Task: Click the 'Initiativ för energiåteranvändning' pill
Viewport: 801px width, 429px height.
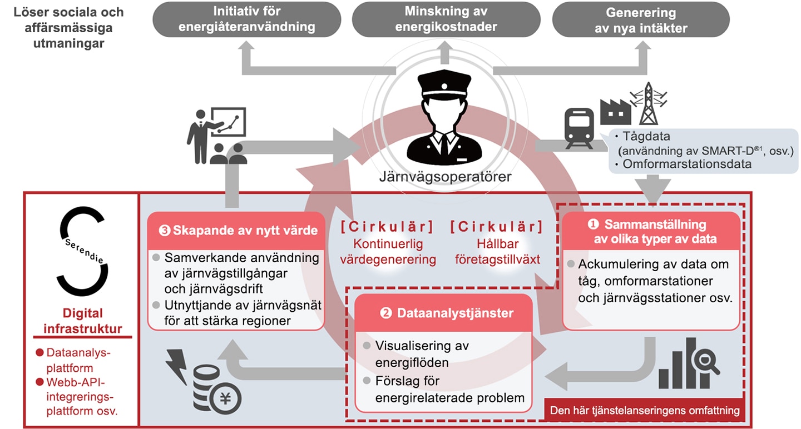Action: click(247, 19)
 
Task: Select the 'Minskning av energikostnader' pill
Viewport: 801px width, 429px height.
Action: click(446, 19)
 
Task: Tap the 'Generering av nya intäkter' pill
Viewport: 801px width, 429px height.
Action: click(641, 19)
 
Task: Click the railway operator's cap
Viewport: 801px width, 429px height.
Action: click(444, 84)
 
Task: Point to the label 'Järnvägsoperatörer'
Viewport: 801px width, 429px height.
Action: click(445, 177)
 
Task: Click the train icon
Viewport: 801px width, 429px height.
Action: click(579, 128)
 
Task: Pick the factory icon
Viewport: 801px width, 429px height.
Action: click(615, 112)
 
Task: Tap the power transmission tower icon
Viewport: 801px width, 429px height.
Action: click(649, 103)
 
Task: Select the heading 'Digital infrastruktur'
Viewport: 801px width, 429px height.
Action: click(82, 321)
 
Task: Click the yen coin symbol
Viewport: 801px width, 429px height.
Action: click(225, 398)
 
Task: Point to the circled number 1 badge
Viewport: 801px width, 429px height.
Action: click(593, 224)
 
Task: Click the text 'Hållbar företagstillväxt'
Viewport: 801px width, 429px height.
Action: click(497, 252)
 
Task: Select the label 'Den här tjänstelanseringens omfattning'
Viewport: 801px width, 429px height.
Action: click(644, 411)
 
